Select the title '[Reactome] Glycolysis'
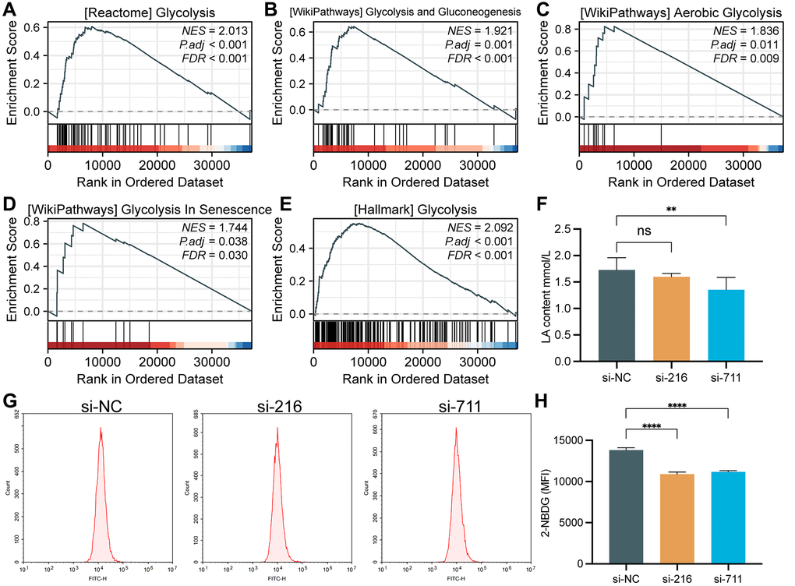[x=149, y=13]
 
